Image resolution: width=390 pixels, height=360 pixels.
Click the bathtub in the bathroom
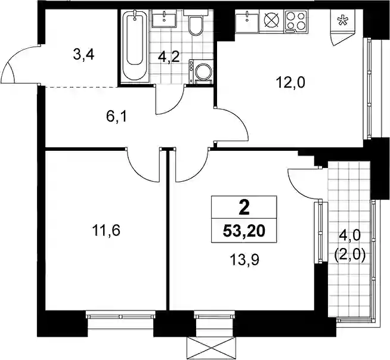135,46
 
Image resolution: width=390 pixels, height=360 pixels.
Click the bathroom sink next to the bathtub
164,18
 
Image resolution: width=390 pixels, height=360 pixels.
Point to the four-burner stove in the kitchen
295,21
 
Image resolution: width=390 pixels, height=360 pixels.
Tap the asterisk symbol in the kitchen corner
342,20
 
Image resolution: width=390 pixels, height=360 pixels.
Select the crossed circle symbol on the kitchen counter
271,20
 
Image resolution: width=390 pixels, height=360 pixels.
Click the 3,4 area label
84,55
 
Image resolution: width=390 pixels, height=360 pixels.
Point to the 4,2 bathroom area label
169,58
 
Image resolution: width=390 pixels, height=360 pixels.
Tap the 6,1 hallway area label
116,116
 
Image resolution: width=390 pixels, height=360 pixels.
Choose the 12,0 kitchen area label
290,83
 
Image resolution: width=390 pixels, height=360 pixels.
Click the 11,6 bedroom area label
106,231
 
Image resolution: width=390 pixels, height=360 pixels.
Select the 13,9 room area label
244,260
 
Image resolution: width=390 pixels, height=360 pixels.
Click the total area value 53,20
244,231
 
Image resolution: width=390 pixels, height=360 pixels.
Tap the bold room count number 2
244,208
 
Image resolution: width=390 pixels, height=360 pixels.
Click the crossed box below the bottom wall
211,348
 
